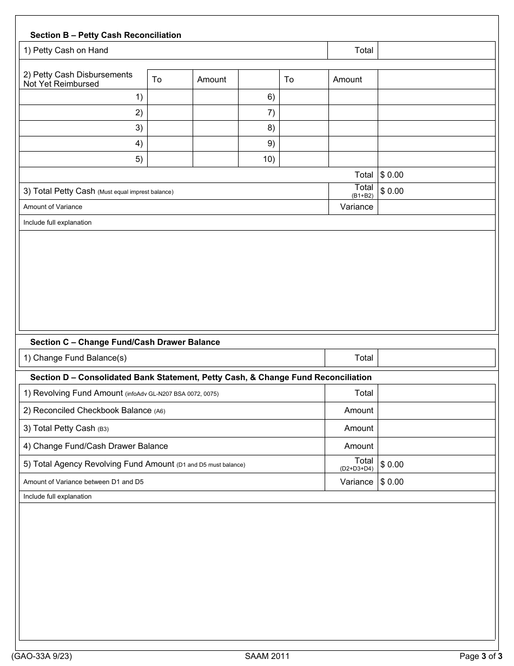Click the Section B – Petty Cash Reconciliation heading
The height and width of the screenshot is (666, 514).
106,35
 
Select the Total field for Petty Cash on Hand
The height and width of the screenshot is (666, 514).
436,50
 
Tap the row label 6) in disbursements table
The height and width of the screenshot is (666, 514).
271,97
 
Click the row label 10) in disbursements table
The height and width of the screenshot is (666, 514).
269,159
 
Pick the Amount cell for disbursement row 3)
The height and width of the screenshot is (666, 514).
215,128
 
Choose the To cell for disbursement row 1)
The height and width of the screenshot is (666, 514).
170,97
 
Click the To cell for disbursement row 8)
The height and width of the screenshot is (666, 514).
304,128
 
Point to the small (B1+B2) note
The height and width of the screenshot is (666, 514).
363,195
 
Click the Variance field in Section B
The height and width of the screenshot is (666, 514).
436,207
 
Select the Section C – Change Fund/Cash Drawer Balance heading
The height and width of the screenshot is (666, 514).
125,342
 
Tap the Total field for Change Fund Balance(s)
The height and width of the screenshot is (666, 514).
436,358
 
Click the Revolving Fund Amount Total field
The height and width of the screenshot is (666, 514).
436,393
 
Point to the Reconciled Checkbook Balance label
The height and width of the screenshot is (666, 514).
94,410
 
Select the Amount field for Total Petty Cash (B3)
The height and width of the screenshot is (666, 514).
436,428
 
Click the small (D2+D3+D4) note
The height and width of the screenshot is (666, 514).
357,468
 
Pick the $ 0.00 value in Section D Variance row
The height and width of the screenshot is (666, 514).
392,482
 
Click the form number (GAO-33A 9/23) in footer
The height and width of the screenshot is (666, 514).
41,656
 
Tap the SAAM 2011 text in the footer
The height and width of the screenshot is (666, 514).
267,656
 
